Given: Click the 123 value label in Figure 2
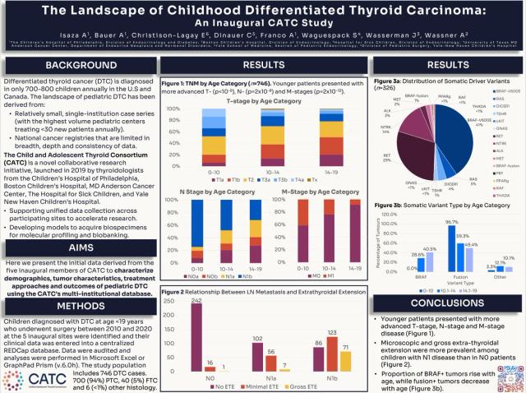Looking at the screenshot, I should [332, 333].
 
